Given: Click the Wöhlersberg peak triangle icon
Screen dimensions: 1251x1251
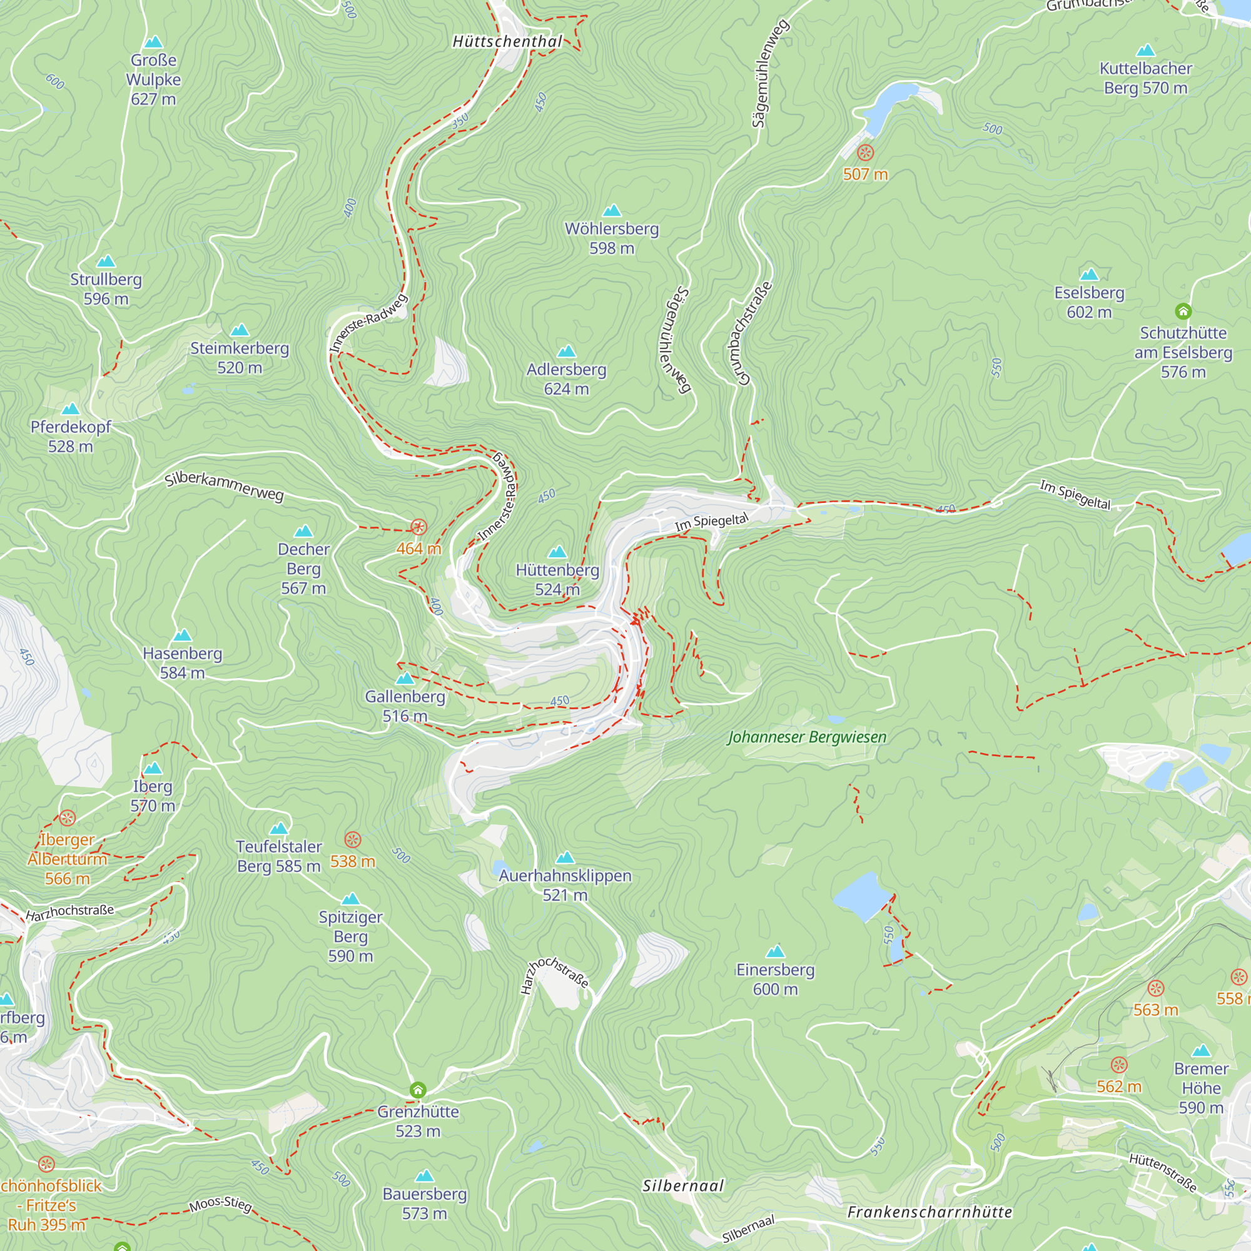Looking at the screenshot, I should (x=612, y=210).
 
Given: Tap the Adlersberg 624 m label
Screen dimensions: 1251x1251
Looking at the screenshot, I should (x=566, y=379).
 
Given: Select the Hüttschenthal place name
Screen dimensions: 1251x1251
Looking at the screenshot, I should (x=508, y=41).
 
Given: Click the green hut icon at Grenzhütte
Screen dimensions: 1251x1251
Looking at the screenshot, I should (x=418, y=1090).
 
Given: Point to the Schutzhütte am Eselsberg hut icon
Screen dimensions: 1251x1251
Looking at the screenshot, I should (x=1183, y=311).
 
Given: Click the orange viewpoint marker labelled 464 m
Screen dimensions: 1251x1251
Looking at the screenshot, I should (x=419, y=527).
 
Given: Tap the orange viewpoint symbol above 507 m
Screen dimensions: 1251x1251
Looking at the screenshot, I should (x=865, y=153).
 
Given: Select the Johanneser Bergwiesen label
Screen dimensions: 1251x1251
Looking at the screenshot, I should (x=807, y=737).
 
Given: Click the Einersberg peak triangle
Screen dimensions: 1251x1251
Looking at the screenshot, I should (x=775, y=951).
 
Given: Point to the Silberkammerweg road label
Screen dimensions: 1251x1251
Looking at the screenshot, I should (x=224, y=486).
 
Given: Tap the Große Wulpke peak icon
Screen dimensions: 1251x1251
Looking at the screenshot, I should (x=153, y=43).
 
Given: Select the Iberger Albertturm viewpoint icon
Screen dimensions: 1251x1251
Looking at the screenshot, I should (x=68, y=818).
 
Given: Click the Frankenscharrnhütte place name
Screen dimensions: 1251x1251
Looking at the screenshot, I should (x=929, y=1212).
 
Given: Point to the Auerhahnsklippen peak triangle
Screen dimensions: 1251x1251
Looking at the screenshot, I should (x=565, y=858).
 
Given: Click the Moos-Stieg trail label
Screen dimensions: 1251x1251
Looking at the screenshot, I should (x=220, y=1203).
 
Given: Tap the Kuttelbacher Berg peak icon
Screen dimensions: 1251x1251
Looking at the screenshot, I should (x=1145, y=51).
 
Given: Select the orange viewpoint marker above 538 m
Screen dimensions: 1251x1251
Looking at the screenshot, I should (x=352, y=840).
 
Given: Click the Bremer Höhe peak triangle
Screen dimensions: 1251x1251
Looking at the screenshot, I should (x=1201, y=1050).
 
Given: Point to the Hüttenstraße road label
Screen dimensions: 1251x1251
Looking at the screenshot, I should (x=1163, y=1172).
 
